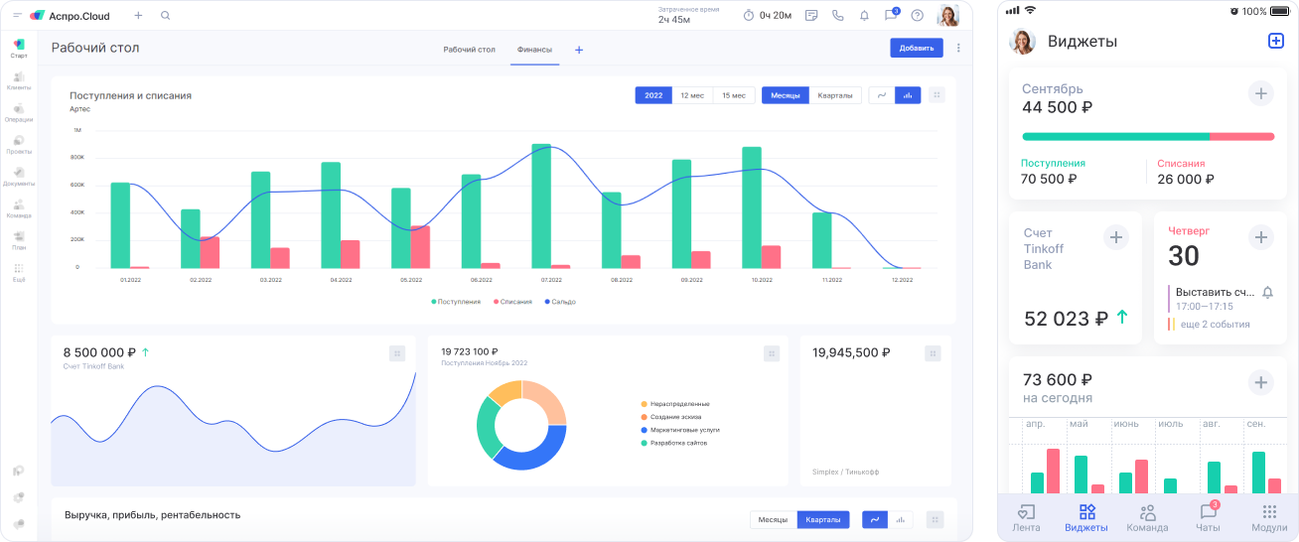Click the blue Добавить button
coord(916,48)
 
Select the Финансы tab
coord(534,49)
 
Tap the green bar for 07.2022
coord(541,205)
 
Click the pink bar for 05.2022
coord(420,247)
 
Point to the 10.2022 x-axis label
coord(762,280)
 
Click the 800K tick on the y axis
coord(76,158)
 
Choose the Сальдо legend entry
coord(560,302)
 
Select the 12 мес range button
coord(692,95)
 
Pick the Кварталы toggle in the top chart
coord(834,95)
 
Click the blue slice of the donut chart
coord(531,453)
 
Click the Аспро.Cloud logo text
coord(78,16)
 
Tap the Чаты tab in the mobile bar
coord(1208,517)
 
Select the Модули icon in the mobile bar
coord(1268,517)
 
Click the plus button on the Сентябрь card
coord(1260,94)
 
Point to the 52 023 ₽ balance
coord(1066,319)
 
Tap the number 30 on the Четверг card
coord(1184,256)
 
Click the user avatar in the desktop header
coord(947,16)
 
